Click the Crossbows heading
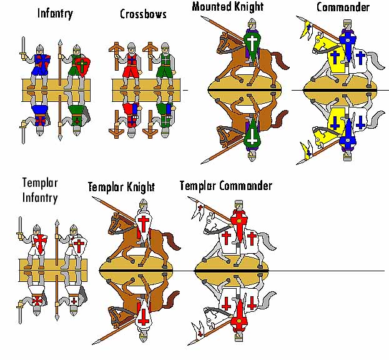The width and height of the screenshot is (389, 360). (143, 14)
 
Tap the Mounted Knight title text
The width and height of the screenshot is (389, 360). (227, 7)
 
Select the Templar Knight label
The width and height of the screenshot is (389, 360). (121, 186)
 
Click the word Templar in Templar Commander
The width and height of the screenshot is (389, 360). (200, 186)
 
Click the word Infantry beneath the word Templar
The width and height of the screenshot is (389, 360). (39, 198)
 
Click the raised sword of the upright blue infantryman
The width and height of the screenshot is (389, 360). (22, 46)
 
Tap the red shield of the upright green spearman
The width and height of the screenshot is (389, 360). (82, 65)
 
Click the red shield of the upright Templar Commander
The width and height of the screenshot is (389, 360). (238, 220)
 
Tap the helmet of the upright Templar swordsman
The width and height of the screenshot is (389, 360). (39, 227)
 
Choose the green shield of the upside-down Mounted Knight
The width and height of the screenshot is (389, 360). (252, 136)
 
